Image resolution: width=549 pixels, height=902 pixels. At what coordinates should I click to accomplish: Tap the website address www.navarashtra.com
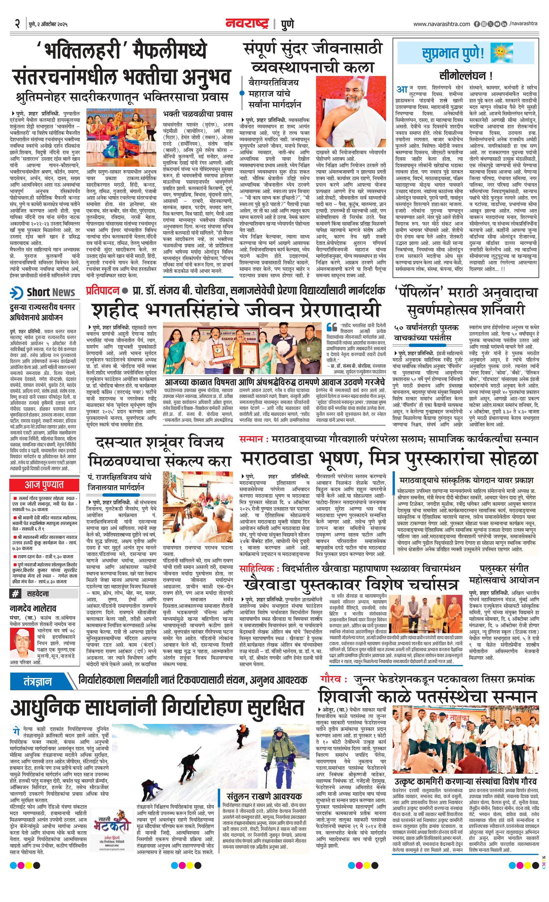coord(442,24)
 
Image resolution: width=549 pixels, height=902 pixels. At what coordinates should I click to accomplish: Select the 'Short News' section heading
coord(51,293)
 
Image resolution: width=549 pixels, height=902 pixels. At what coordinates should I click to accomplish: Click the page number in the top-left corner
coord(17,24)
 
